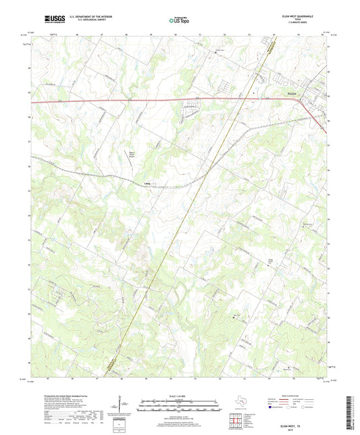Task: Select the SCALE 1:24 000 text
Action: (179, 396)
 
